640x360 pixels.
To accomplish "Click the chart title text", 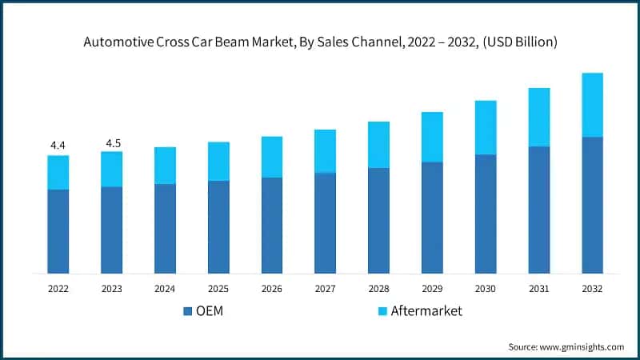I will (x=320, y=42).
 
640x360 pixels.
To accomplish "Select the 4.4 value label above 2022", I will (x=58, y=145).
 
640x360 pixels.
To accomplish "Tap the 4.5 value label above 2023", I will (x=111, y=144).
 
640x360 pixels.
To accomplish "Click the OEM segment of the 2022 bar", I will (x=58, y=231).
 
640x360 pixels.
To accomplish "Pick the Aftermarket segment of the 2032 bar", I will (x=592, y=105).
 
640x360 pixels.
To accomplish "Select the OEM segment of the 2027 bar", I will (x=325, y=223).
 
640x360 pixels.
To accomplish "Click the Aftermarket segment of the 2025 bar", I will (x=218, y=161).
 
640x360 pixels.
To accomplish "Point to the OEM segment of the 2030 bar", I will (x=486, y=214).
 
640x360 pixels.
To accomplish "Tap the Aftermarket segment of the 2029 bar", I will (x=432, y=137).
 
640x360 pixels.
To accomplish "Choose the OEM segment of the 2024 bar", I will (x=165, y=229).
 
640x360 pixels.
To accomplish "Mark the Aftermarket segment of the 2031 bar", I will (x=538, y=117).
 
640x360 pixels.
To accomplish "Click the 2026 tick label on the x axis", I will (x=271, y=288).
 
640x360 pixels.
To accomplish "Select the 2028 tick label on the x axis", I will (x=378, y=288).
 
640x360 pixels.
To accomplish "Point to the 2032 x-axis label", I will (x=592, y=288).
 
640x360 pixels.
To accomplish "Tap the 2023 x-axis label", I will (x=111, y=288).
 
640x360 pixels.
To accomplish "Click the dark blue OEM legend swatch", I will (x=188, y=311).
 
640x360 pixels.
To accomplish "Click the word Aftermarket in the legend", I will (x=426, y=311).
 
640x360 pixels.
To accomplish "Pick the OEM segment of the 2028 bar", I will (x=378, y=221).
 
